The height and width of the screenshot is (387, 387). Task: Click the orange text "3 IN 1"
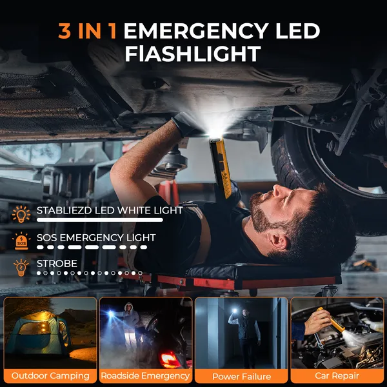pyautogui.click(x=87, y=31)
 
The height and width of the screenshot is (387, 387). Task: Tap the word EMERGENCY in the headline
pyautogui.click(x=196, y=31)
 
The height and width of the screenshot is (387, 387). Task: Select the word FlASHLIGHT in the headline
pyautogui.click(x=193, y=54)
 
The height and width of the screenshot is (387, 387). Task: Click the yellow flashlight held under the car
pyautogui.click(x=220, y=167)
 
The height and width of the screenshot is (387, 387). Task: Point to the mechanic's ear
pyautogui.click(x=278, y=241)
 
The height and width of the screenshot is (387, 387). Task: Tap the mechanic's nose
pyautogui.click(x=279, y=191)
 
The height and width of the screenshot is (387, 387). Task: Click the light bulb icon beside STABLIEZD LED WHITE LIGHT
pyautogui.click(x=21, y=214)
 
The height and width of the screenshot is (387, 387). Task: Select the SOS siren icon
pyautogui.click(x=21, y=241)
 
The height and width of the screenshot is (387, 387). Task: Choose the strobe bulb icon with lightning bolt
pyautogui.click(x=21, y=268)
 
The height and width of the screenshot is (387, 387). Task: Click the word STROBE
pyautogui.click(x=57, y=264)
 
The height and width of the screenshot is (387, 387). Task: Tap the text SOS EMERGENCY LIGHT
pyautogui.click(x=96, y=237)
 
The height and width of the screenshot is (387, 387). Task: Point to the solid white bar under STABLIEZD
pyautogui.click(x=100, y=220)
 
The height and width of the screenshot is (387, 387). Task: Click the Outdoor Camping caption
pyautogui.click(x=50, y=375)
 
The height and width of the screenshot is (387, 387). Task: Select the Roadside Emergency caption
pyautogui.click(x=145, y=375)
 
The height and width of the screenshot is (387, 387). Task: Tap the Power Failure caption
pyautogui.click(x=242, y=377)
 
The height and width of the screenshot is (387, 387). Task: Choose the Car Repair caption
pyautogui.click(x=337, y=375)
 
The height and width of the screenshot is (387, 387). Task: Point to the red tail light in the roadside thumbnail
pyautogui.click(x=168, y=359)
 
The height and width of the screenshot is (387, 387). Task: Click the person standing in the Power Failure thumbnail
pyautogui.click(x=245, y=337)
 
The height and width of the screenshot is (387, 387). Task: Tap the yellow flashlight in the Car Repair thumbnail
pyautogui.click(x=332, y=320)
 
